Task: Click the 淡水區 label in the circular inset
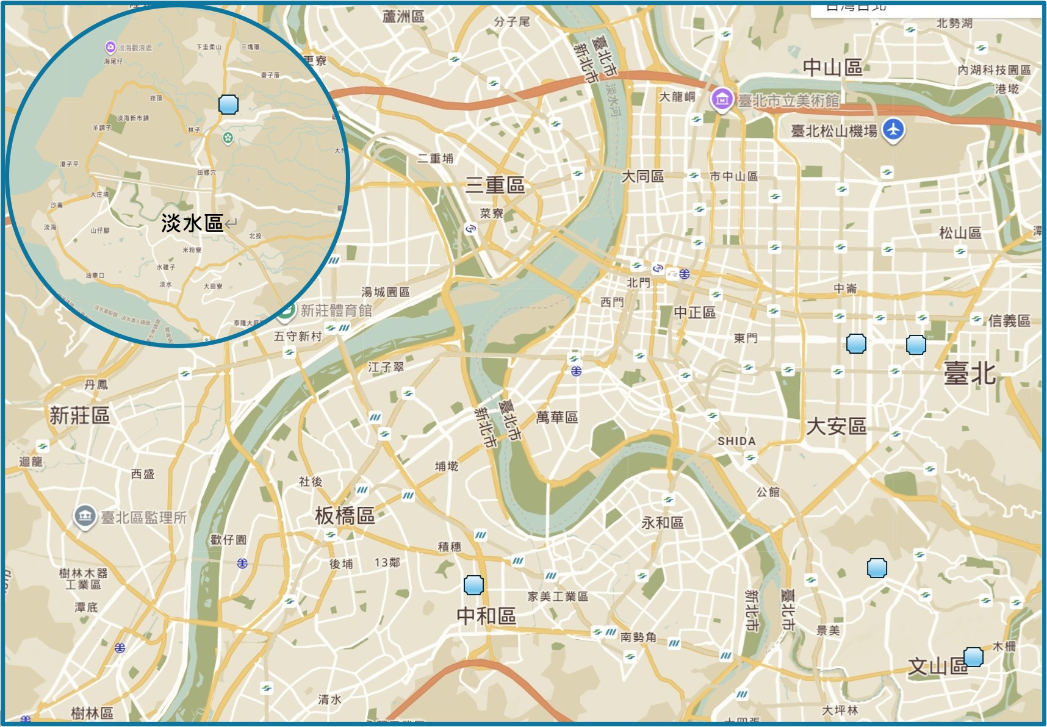(x=192, y=223)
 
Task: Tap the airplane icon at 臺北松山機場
(x=893, y=130)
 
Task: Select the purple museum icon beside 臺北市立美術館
(x=722, y=99)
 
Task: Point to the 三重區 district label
(x=495, y=185)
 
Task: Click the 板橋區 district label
(x=345, y=516)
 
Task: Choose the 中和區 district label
(x=486, y=616)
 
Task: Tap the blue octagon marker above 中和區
(x=473, y=585)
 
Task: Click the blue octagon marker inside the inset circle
(x=228, y=104)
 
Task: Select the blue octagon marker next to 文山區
(x=973, y=657)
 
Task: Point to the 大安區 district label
(x=836, y=426)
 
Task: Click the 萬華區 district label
(x=556, y=417)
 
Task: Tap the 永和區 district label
(x=662, y=523)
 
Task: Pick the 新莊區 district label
(x=79, y=416)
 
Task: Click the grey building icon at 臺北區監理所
(x=84, y=517)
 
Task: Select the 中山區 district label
(x=832, y=67)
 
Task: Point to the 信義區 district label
(x=1009, y=321)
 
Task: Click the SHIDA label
(x=736, y=441)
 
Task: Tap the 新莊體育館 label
(x=336, y=310)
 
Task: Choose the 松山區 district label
(x=960, y=232)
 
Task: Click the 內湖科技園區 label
(x=994, y=70)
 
